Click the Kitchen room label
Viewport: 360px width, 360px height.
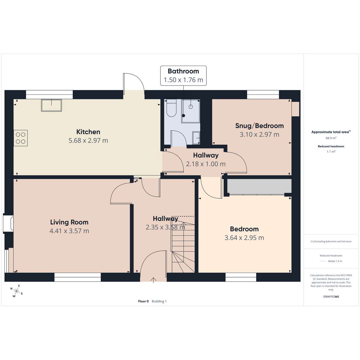(x=88, y=132)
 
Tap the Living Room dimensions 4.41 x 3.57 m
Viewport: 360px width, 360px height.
(x=69, y=231)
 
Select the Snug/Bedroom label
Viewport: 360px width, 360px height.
(x=259, y=126)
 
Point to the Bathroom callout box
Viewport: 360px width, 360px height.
(x=183, y=76)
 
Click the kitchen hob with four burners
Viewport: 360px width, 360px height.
(x=21, y=138)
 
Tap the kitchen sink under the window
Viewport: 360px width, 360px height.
(x=51, y=105)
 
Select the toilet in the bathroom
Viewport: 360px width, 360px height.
(x=172, y=108)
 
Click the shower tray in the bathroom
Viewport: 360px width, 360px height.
(x=191, y=111)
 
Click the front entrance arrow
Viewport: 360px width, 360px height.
(x=153, y=280)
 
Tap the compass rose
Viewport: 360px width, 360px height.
(x=16, y=291)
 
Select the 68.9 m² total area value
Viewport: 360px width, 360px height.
(x=331, y=138)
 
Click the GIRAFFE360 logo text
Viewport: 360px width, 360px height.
(x=331, y=296)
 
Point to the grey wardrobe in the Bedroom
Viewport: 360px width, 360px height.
(x=259, y=186)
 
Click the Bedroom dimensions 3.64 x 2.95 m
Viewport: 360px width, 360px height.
(x=244, y=238)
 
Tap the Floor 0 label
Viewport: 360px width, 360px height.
(x=143, y=301)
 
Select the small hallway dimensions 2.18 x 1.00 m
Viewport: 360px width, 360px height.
(x=206, y=164)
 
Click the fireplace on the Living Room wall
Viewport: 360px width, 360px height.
(x=8, y=223)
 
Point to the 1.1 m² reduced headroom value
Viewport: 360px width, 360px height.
(x=331, y=151)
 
